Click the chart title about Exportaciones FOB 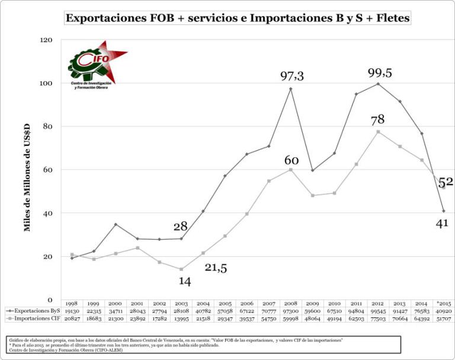click(237, 18)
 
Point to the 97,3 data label click(291, 76)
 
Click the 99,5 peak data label click(380, 73)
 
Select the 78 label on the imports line click(377, 120)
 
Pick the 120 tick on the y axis click(46, 40)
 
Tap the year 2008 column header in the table click(291, 302)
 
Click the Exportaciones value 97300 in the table click(291, 310)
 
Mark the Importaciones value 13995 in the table click(181, 318)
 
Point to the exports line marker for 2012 click(378, 84)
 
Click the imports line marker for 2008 click(291, 170)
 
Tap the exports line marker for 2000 click(116, 224)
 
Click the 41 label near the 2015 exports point click(442, 223)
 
